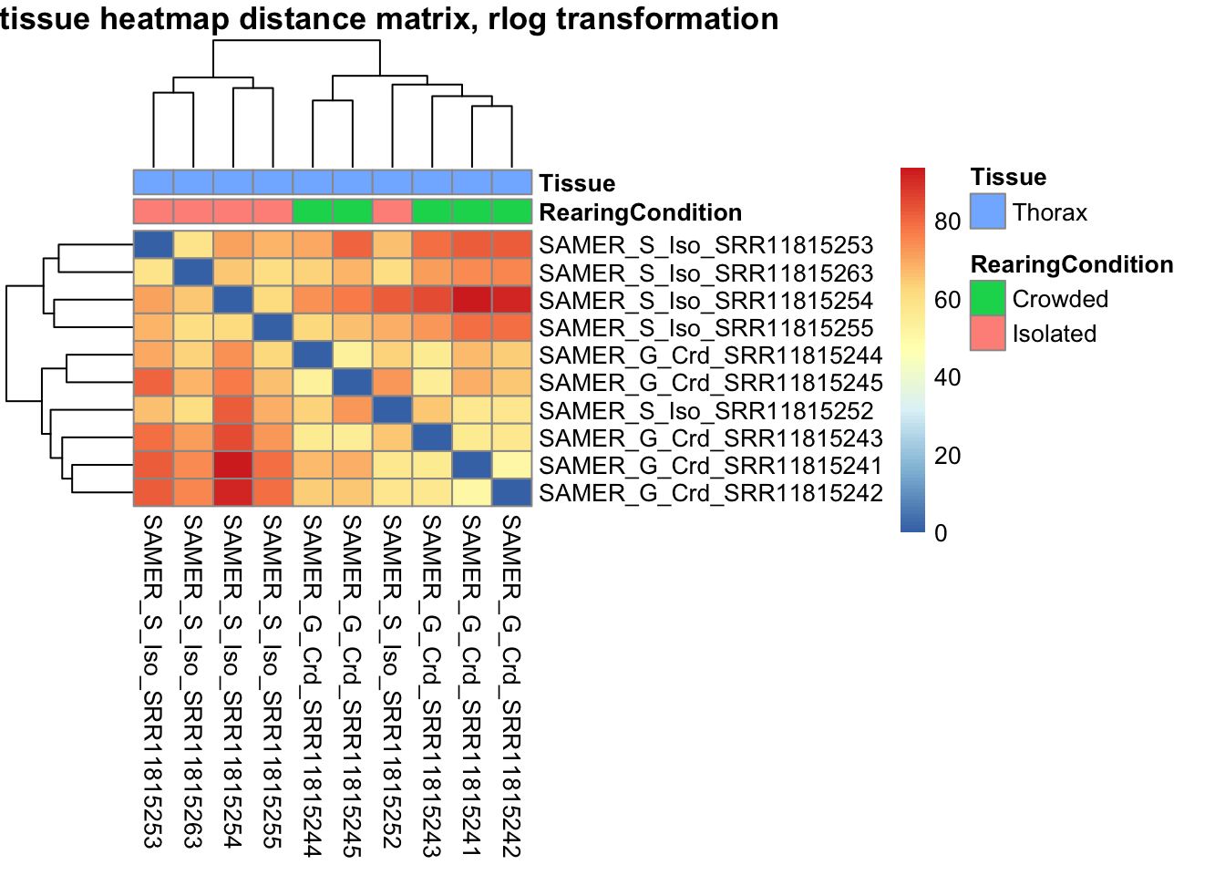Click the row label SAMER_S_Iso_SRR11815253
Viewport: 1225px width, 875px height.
tap(706, 245)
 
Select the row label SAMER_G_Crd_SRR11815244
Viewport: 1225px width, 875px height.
tap(711, 355)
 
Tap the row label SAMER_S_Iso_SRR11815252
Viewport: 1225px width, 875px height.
tap(706, 411)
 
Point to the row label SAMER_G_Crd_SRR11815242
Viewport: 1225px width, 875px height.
tap(711, 493)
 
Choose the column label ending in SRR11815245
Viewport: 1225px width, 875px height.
tap(352, 685)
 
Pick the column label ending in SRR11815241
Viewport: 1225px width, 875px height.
tap(471, 685)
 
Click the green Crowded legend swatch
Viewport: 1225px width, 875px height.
tap(988, 298)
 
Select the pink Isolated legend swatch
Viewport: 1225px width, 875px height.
tap(988, 333)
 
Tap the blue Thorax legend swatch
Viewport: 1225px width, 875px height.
tap(988, 211)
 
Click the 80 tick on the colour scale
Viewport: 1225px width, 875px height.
tap(947, 221)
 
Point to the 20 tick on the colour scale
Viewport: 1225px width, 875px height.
tap(947, 456)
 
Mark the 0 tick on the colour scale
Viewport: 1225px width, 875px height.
tap(941, 533)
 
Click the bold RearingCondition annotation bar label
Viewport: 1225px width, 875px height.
tap(640, 212)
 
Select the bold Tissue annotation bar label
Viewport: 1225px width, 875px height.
tap(577, 183)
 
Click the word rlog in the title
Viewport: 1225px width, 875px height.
tap(519, 18)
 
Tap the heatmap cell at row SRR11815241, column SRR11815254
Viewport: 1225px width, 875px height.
tap(233, 466)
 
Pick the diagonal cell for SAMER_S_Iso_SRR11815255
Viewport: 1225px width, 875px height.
tap(273, 328)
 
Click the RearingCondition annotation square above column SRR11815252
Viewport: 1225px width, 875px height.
tap(392, 211)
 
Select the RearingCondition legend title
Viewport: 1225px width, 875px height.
tap(1072, 264)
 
